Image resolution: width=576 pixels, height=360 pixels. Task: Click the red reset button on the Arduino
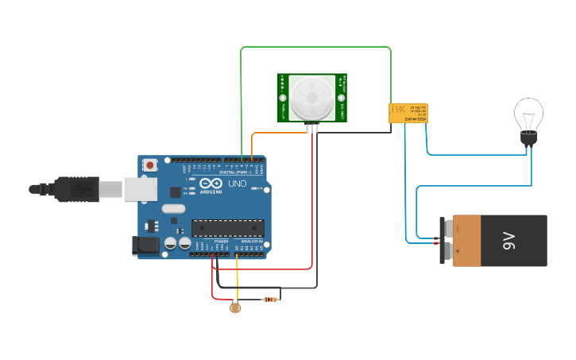click(150, 165)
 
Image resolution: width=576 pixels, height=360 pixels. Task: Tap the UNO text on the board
click(238, 184)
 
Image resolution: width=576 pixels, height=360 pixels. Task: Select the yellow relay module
click(408, 113)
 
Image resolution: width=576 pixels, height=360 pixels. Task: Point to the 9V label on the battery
click(508, 241)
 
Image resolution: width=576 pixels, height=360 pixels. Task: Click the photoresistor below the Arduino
click(234, 306)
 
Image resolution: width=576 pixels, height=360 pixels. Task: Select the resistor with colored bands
click(271, 300)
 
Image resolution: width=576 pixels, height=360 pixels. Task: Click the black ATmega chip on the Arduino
click(227, 228)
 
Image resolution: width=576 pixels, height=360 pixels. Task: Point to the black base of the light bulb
click(528, 140)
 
